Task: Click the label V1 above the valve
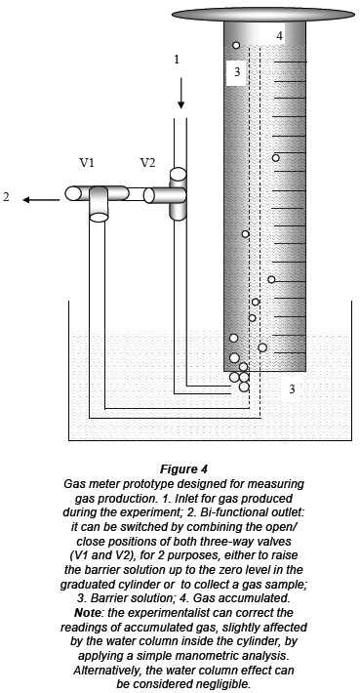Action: (x=87, y=163)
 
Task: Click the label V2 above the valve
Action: (x=147, y=163)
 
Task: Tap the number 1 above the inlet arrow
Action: (x=178, y=60)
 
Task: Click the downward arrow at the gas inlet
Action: (x=180, y=94)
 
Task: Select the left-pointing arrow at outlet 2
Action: (x=41, y=200)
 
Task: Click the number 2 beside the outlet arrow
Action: (x=6, y=197)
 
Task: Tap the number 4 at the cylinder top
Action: (x=280, y=36)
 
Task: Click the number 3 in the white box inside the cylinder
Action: (x=237, y=71)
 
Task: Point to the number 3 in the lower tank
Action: (x=292, y=389)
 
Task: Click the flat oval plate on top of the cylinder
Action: (x=263, y=14)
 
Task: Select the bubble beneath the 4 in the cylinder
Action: (x=236, y=45)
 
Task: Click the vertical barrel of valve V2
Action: (x=179, y=193)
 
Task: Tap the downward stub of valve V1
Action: (x=99, y=204)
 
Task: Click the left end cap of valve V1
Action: (x=72, y=193)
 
